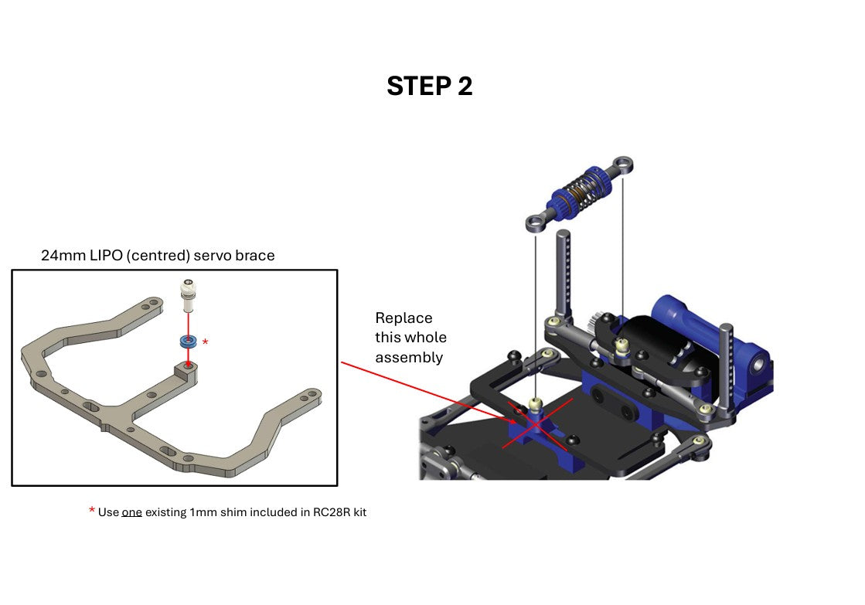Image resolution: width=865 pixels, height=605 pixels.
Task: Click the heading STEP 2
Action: point(429,86)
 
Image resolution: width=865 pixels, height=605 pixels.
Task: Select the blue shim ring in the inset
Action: point(188,342)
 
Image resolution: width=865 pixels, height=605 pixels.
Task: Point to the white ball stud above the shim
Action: point(188,295)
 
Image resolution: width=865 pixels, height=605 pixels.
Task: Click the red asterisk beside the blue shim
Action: point(205,342)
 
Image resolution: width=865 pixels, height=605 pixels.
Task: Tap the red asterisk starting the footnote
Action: point(91,510)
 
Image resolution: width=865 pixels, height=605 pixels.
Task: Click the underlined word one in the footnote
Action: point(132,512)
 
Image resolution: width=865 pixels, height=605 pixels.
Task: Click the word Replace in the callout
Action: point(404,318)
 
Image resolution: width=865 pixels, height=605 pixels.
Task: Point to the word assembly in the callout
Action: point(409,358)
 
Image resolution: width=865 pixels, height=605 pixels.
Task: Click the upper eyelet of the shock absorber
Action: point(623,165)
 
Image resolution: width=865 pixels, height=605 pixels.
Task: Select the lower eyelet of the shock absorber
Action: point(536,224)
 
